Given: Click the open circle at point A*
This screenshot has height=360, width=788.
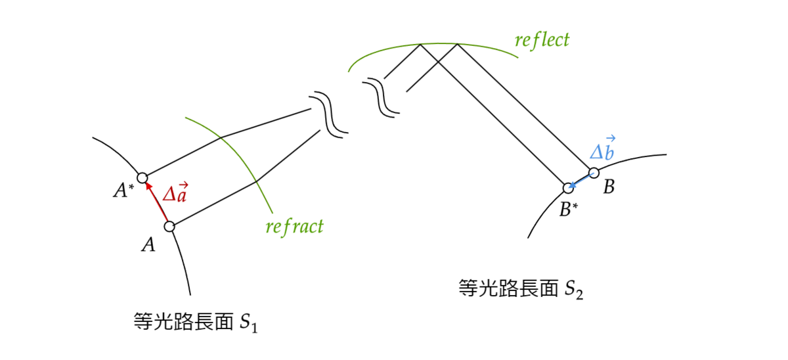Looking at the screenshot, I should point(142,177).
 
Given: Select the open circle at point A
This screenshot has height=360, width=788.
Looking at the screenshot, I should point(169,227).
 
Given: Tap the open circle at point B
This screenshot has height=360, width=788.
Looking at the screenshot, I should point(593,173).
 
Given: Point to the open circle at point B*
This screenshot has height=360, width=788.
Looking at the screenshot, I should point(569,189).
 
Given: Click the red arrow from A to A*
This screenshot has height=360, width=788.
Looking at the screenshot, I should point(156,203).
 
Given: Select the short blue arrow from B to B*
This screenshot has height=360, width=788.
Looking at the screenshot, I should point(580,181).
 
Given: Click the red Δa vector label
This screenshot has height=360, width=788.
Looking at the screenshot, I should point(175,192).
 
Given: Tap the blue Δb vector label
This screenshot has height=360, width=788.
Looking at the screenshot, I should point(603,149).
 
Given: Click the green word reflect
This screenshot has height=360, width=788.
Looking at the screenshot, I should point(542,40).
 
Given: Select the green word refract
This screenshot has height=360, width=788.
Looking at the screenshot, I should point(294,227).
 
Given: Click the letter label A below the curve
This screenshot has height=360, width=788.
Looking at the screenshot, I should point(149,246).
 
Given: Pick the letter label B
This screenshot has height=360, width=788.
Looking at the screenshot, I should point(609,187).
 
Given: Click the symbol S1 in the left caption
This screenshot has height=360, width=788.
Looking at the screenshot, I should point(248,323).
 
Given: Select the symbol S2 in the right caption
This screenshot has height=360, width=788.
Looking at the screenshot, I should point(574,290).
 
